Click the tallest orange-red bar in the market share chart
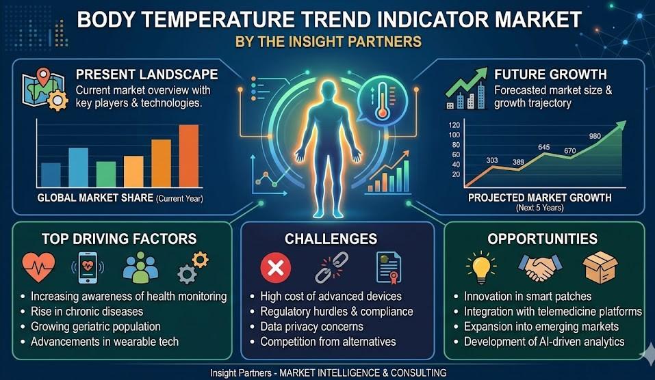click(x=189, y=156)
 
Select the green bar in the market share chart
click(x=106, y=174)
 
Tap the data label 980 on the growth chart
click(x=595, y=136)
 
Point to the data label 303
click(x=492, y=160)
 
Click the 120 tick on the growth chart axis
click(x=454, y=125)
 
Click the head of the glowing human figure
click(x=327, y=90)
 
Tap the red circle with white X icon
click(x=276, y=267)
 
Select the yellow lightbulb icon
click(x=481, y=267)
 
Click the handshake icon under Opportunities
click(x=540, y=267)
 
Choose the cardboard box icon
click(x=600, y=267)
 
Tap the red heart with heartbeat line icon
click(x=38, y=267)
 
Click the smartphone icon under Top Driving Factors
click(x=88, y=268)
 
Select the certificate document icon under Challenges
click(x=389, y=267)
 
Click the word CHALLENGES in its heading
click(x=331, y=239)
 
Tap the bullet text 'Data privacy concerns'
click(x=311, y=327)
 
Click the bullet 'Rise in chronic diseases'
click(x=87, y=312)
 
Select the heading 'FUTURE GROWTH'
click(x=550, y=74)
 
